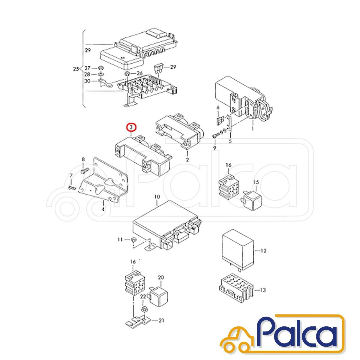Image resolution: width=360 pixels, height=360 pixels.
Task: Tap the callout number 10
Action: click(157, 197)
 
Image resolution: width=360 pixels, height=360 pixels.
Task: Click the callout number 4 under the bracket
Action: click(103, 209)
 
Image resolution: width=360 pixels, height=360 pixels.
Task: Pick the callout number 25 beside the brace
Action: click(76, 69)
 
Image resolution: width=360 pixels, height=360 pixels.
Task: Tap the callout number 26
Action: click(139, 73)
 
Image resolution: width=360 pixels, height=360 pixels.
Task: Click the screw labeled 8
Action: click(85, 171)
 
